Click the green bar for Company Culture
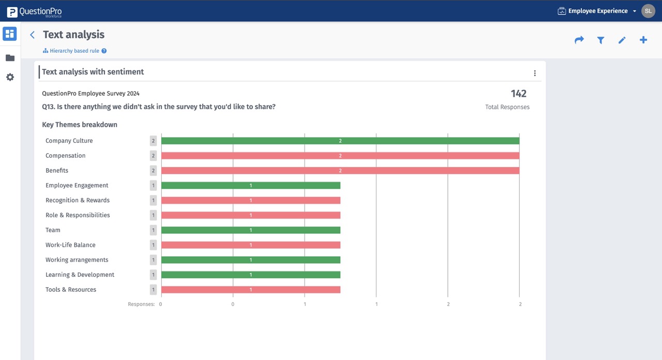(340, 141)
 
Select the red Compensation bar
(340, 156)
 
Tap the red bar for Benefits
(340, 171)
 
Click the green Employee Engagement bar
(250, 185)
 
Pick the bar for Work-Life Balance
(250, 245)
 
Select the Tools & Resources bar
(250, 290)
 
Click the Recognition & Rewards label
(78, 200)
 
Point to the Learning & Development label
(80, 275)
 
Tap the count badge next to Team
(153, 230)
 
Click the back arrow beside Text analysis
(32, 35)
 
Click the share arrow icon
(579, 40)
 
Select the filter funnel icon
(600, 40)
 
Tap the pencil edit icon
(622, 40)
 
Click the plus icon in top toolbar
(643, 40)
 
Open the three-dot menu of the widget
(535, 73)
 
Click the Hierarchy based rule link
(74, 51)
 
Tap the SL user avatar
(648, 11)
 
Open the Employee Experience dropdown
(597, 11)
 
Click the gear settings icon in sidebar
(10, 77)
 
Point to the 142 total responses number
(518, 94)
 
